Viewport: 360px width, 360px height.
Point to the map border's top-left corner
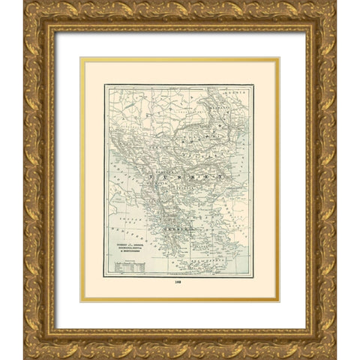pos(105,85)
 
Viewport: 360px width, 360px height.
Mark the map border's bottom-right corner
pos(253,276)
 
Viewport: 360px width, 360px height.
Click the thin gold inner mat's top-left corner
pos(81,58)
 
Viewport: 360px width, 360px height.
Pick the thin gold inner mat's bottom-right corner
pos(279,301)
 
